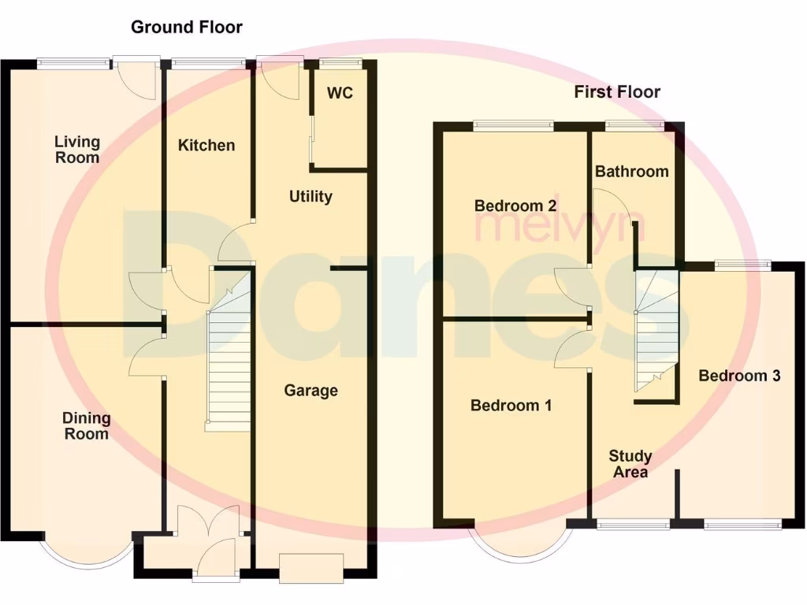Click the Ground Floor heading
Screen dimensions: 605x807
[x=186, y=27]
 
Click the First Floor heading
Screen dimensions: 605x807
[x=617, y=92]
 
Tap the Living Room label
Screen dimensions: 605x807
[x=77, y=149]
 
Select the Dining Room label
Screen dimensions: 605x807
[x=87, y=425]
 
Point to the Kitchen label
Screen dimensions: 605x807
[x=206, y=145]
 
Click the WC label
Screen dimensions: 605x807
[x=340, y=93]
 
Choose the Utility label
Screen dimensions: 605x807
[x=311, y=196]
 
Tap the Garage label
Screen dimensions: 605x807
[x=311, y=390]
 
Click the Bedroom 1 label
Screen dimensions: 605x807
[x=511, y=405]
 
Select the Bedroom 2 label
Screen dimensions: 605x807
[x=515, y=206]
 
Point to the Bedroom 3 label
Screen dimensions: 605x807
[x=739, y=376]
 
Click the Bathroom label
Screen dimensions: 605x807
[x=631, y=171]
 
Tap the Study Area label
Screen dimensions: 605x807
[x=630, y=464]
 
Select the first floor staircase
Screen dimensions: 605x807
[x=656, y=331]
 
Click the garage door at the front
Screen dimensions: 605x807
[x=311, y=568]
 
